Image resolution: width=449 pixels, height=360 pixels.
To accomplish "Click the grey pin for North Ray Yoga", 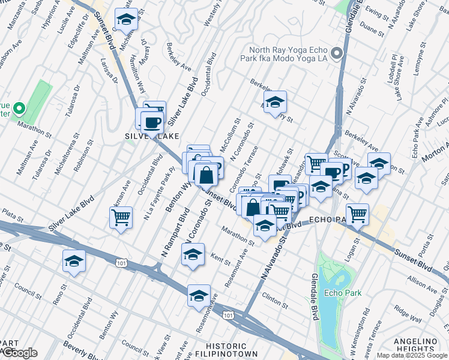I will point(336,53).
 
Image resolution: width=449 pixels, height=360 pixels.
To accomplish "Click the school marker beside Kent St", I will point(193,254).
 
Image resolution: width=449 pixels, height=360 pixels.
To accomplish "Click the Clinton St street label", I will point(271,296).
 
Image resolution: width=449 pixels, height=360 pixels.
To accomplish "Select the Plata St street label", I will point(11,212).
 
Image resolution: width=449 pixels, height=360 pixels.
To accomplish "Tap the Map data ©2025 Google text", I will point(412,355).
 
